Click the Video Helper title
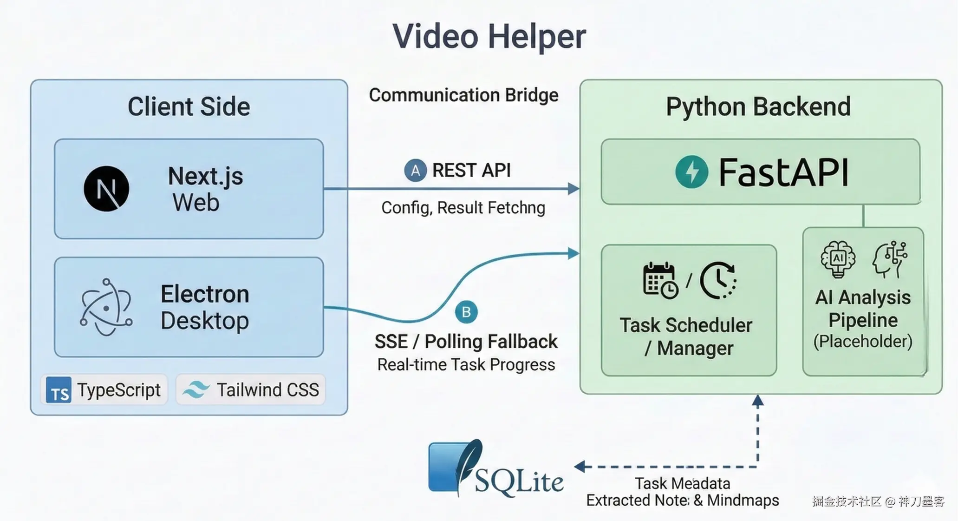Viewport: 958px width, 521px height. (x=489, y=36)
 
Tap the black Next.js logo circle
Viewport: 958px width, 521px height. (x=106, y=189)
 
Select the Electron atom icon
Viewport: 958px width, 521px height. (x=106, y=307)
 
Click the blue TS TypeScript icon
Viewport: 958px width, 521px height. (x=59, y=389)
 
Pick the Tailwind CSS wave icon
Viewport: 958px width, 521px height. (x=196, y=389)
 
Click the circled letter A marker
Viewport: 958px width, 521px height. (x=415, y=170)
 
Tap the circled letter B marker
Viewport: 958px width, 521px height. (x=466, y=312)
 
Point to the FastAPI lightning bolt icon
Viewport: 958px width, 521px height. (x=691, y=171)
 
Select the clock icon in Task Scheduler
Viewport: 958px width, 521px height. (x=718, y=280)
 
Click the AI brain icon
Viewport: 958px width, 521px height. (x=838, y=259)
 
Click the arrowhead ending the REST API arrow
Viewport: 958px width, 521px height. (x=574, y=189)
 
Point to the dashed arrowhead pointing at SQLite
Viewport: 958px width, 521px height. (x=580, y=466)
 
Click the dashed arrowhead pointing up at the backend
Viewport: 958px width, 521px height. (x=758, y=401)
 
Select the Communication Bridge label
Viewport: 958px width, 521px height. (x=463, y=95)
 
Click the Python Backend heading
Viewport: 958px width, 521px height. (x=758, y=106)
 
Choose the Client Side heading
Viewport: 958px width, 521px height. (x=189, y=106)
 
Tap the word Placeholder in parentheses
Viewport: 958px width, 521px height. (x=863, y=342)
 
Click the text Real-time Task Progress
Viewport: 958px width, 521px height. (x=466, y=365)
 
